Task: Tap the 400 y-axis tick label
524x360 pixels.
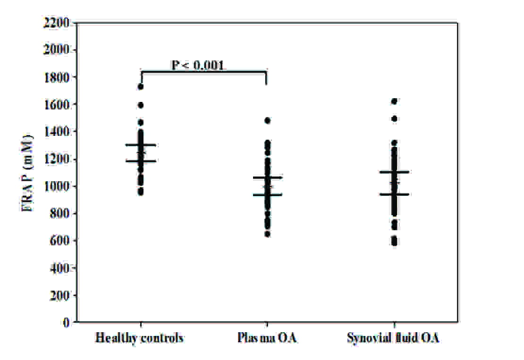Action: tap(60, 268)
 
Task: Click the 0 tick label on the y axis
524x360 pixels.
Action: tap(67, 323)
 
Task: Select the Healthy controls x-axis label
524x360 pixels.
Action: tap(139, 338)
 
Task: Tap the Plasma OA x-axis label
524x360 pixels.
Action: tap(267, 338)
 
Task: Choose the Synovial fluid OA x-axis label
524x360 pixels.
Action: tap(393, 338)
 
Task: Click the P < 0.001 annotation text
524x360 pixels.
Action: tap(197, 65)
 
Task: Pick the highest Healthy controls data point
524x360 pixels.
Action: tap(141, 86)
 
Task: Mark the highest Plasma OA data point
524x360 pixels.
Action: tap(268, 121)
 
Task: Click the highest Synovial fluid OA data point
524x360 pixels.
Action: tap(394, 101)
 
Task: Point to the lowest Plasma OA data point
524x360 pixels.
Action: tap(268, 234)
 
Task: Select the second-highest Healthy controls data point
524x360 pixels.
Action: tap(141, 105)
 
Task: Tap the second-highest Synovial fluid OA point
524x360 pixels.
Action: tap(394, 119)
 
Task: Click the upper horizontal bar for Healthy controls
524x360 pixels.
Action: tap(141, 145)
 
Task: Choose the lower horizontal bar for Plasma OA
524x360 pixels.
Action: tap(268, 194)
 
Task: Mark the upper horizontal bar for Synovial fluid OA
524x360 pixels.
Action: tap(394, 172)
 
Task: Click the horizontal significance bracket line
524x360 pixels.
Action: tap(204, 72)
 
